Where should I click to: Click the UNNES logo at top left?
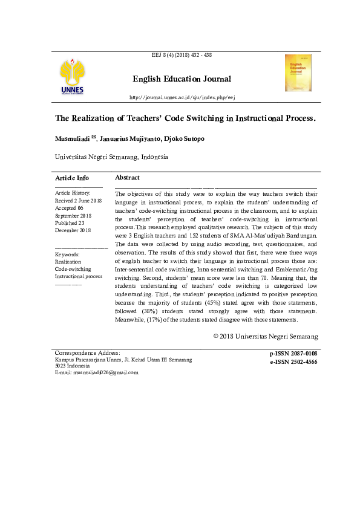(72, 77)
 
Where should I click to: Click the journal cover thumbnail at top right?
(298, 73)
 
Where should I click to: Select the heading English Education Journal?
(182, 79)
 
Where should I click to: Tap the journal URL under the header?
(182, 97)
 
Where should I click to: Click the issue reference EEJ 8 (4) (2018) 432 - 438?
(182, 56)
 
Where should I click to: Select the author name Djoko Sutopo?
(182, 139)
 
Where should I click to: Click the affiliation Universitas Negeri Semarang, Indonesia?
(111, 157)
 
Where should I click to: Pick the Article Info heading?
(72, 178)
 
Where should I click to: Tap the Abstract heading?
(127, 178)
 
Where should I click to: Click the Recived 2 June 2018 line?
(79, 200)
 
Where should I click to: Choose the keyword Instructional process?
(79, 276)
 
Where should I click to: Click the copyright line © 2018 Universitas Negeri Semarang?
(266, 336)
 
